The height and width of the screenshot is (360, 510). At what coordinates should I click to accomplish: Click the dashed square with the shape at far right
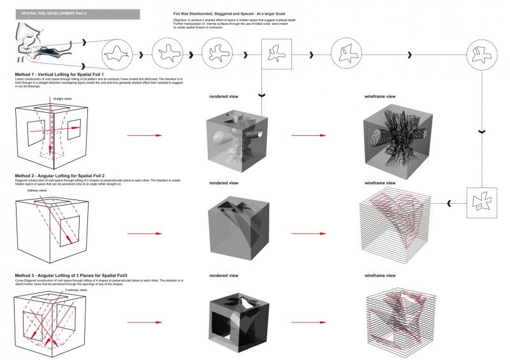coord(483,203)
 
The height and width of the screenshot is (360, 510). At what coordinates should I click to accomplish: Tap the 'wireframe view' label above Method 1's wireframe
coord(380,97)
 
